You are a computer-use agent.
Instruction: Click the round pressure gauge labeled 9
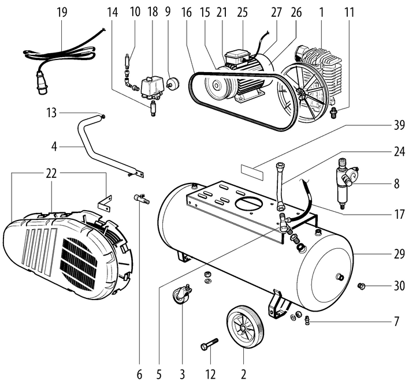[x=172, y=83]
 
